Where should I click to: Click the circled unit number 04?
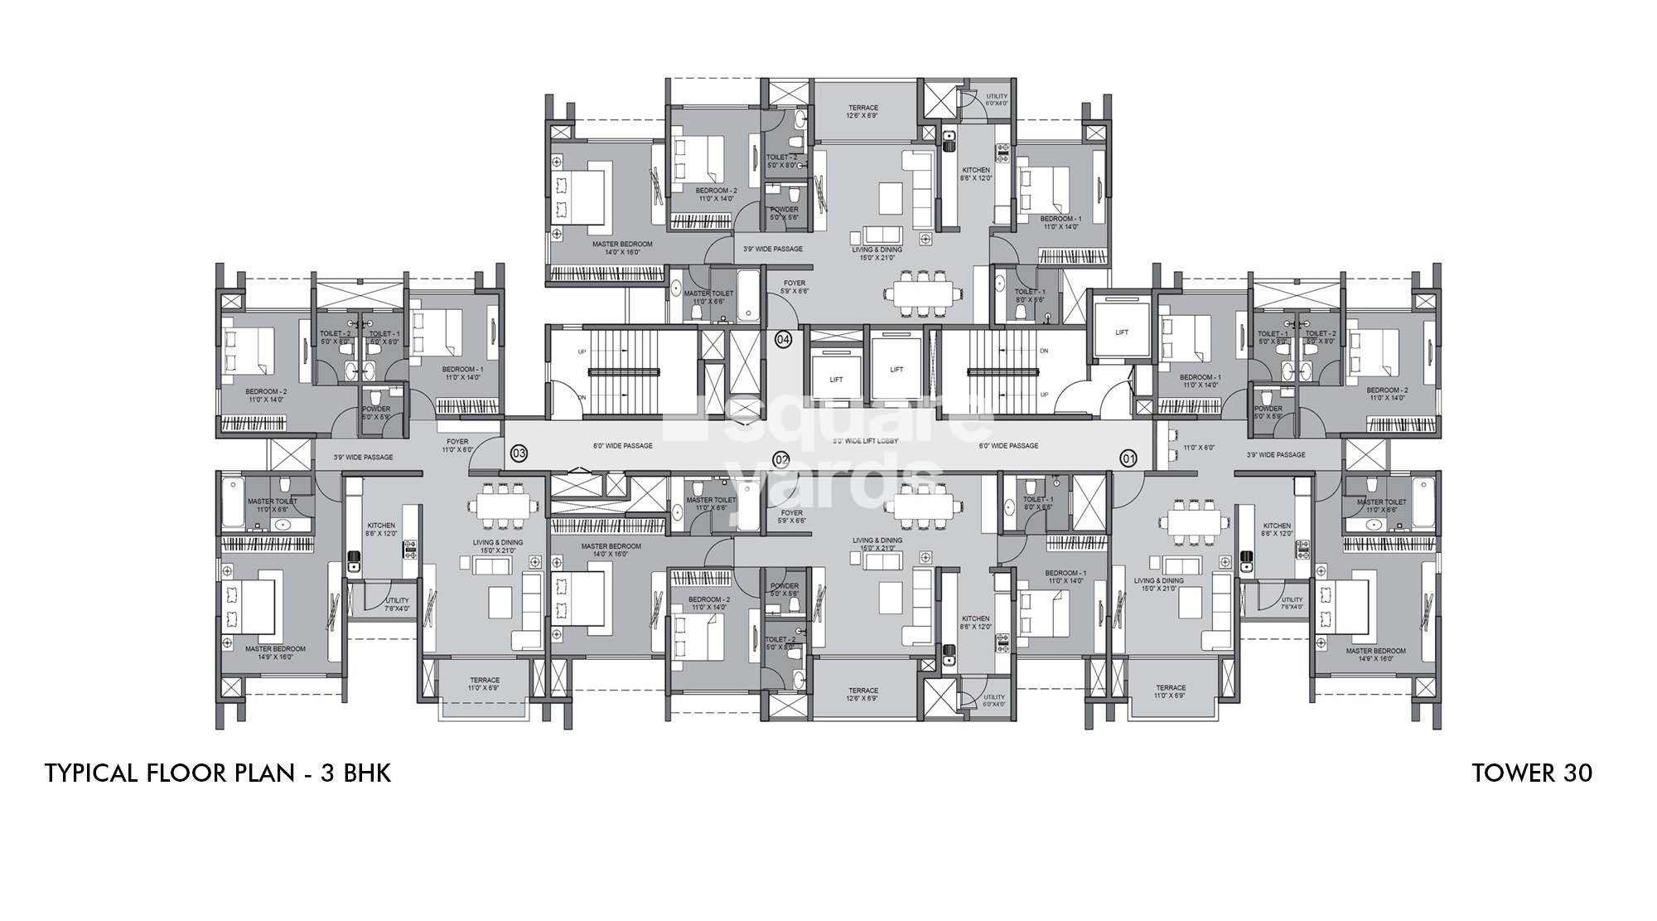[783, 339]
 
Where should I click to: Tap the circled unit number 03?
[519, 453]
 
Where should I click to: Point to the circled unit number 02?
[780, 458]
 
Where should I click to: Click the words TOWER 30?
[1531, 773]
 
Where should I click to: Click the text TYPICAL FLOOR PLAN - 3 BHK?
[217, 773]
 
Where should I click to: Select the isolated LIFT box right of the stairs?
[1121, 332]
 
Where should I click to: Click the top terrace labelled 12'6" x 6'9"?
[862, 112]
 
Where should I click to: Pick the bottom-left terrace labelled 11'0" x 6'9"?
[485, 684]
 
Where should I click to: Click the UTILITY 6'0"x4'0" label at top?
[995, 99]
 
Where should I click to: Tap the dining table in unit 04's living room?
[921, 293]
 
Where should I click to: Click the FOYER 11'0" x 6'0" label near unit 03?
[457, 445]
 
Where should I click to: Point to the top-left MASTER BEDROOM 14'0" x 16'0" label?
[621, 248]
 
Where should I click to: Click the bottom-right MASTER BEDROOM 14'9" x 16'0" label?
[1375, 655]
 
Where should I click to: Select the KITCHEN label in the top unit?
[976, 173]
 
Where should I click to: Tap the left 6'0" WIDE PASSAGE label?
[622, 446]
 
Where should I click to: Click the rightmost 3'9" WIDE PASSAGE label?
[1276, 454]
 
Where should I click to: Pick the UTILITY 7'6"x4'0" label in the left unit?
[397, 604]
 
